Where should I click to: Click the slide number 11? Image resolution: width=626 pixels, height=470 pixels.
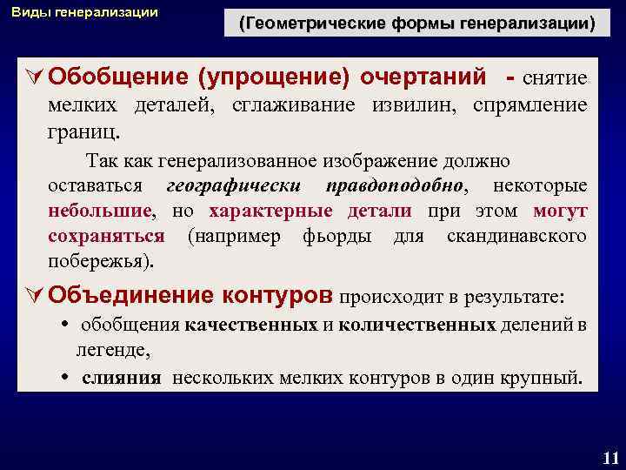coord(609,457)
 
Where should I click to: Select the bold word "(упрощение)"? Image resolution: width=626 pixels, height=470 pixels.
coord(274,77)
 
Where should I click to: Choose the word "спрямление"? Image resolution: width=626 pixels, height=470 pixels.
coord(532,106)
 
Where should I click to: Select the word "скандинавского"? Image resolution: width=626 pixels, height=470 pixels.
coord(516,237)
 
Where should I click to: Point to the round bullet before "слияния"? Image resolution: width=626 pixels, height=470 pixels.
coord(66,379)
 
